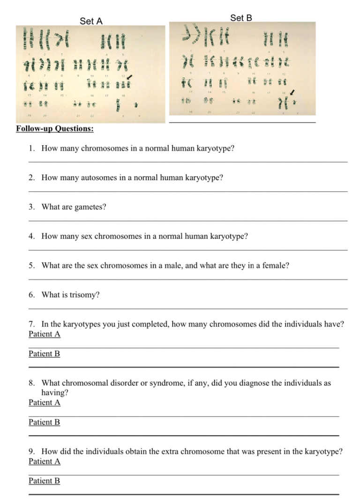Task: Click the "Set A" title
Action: pyautogui.click(x=91, y=21)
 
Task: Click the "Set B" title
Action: pyautogui.click(x=241, y=18)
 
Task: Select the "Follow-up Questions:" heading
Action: pyautogui.click(x=54, y=128)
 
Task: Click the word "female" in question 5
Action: pyautogui.click(x=275, y=266)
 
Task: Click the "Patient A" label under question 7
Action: pyautogui.click(x=45, y=334)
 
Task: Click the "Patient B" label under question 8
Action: pyautogui.click(x=45, y=422)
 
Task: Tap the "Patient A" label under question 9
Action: pyautogui.click(x=45, y=461)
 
